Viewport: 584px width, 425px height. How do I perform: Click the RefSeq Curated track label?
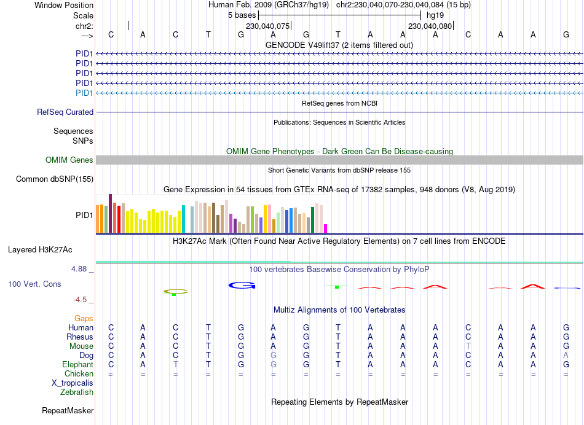click(65, 112)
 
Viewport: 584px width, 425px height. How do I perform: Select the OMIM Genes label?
click(69, 160)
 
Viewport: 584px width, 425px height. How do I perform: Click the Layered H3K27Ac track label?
click(40, 250)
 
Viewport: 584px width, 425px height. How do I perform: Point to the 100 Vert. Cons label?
click(34, 284)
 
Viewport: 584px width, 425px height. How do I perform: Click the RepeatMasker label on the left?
click(68, 410)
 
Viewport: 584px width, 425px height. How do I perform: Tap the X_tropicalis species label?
click(73, 383)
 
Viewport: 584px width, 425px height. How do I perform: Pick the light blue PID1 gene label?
click(84, 93)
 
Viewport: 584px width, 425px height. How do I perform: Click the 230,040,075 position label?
click(267, 26)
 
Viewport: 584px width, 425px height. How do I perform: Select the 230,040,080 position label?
click(430, 26)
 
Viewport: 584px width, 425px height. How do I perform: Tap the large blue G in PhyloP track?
click(241, 285)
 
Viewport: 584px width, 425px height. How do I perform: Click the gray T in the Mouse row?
click(468, 346)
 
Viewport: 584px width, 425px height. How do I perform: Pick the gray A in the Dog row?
click(566, 356)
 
